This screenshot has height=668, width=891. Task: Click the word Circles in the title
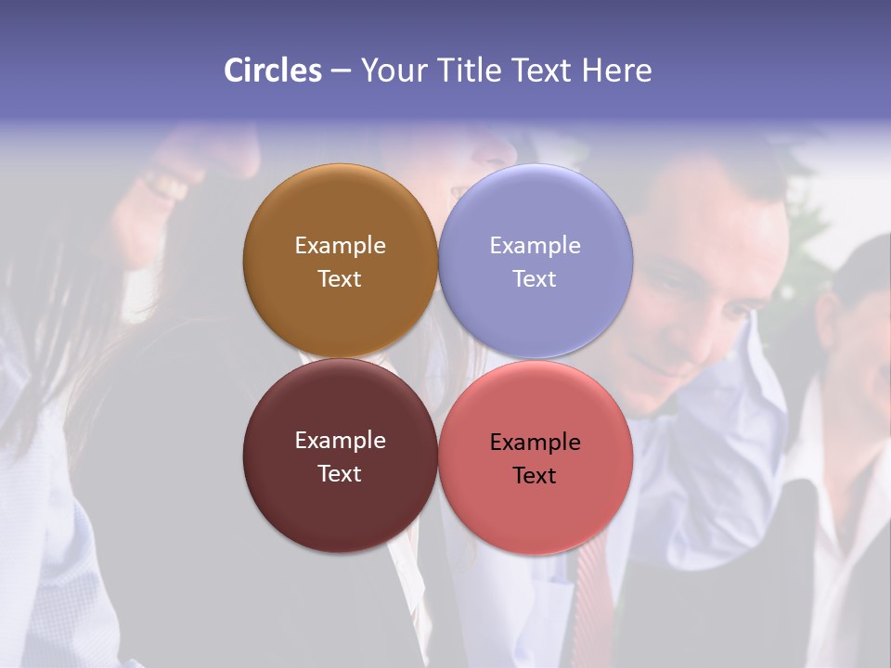[x=272, y=71]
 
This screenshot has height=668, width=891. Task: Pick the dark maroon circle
[x=340, y=506]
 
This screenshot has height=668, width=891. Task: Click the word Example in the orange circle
[x=340, y=245]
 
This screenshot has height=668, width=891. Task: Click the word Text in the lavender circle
[x=535, y=278]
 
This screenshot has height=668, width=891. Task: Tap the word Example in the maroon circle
[x=340, y=440]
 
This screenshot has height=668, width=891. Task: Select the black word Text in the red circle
[x=535, y=475]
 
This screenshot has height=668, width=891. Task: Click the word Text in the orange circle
[x=340, y=278]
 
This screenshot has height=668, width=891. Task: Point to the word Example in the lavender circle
[x=535, y=245]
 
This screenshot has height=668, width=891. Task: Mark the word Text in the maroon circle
[x=340, y=473]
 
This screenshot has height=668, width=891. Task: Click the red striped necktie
[x=595, y=594]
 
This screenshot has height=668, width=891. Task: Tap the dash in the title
[x=341, y=71]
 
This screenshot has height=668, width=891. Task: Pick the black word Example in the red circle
[x=535, y=442]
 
